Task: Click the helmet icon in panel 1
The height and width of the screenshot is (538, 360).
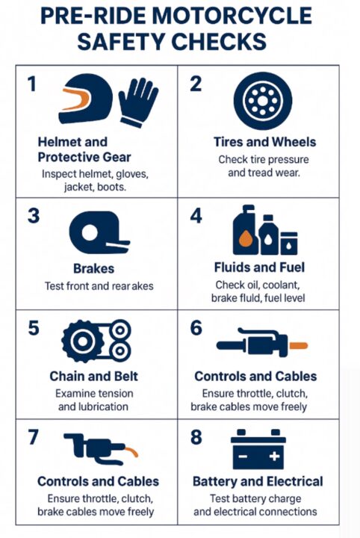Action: pyautogui.click(x=86, y=99)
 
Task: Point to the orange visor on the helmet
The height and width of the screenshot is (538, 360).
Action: pyautogui.click(x=76, y=99)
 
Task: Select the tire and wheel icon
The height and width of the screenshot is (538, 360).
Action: pyautogui.click(x=263, y=101)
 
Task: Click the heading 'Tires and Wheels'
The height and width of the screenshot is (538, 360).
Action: pyautogui.click(x=264, y=142)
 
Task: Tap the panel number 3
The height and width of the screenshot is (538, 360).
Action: pyautogui.click(x=34, y=216)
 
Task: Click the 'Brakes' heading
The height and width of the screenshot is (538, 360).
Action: pyautogui.click(x=93, y=269)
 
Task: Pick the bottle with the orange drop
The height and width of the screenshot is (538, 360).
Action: pyautogui.click(x=246, y=230)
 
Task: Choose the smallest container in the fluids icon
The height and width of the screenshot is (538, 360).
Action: pyautogui.click(x=289, y=244)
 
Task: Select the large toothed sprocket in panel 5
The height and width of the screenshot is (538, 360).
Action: pyautogui.click(x=83, y=341)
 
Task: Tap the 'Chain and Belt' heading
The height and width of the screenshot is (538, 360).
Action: pyautogui.click(x=93, y=377)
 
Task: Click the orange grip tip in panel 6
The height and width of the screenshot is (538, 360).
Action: pyautogui.click(x=298, y=345)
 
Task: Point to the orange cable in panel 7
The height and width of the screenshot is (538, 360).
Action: pyautogui.click(x=131, y=451)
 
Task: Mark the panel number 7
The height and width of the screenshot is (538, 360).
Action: pyautogui.click(x=34, y=437)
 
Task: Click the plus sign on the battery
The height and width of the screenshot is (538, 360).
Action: pyautogui.click(x=274, y=456)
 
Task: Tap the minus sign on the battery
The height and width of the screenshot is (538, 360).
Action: pyautogui.click(x=243, y=457)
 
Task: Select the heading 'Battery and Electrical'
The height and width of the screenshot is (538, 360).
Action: pyautogui.click(x=258, y=481)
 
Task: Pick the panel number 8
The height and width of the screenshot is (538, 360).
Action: pyautogui.click(x=196, y=437)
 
